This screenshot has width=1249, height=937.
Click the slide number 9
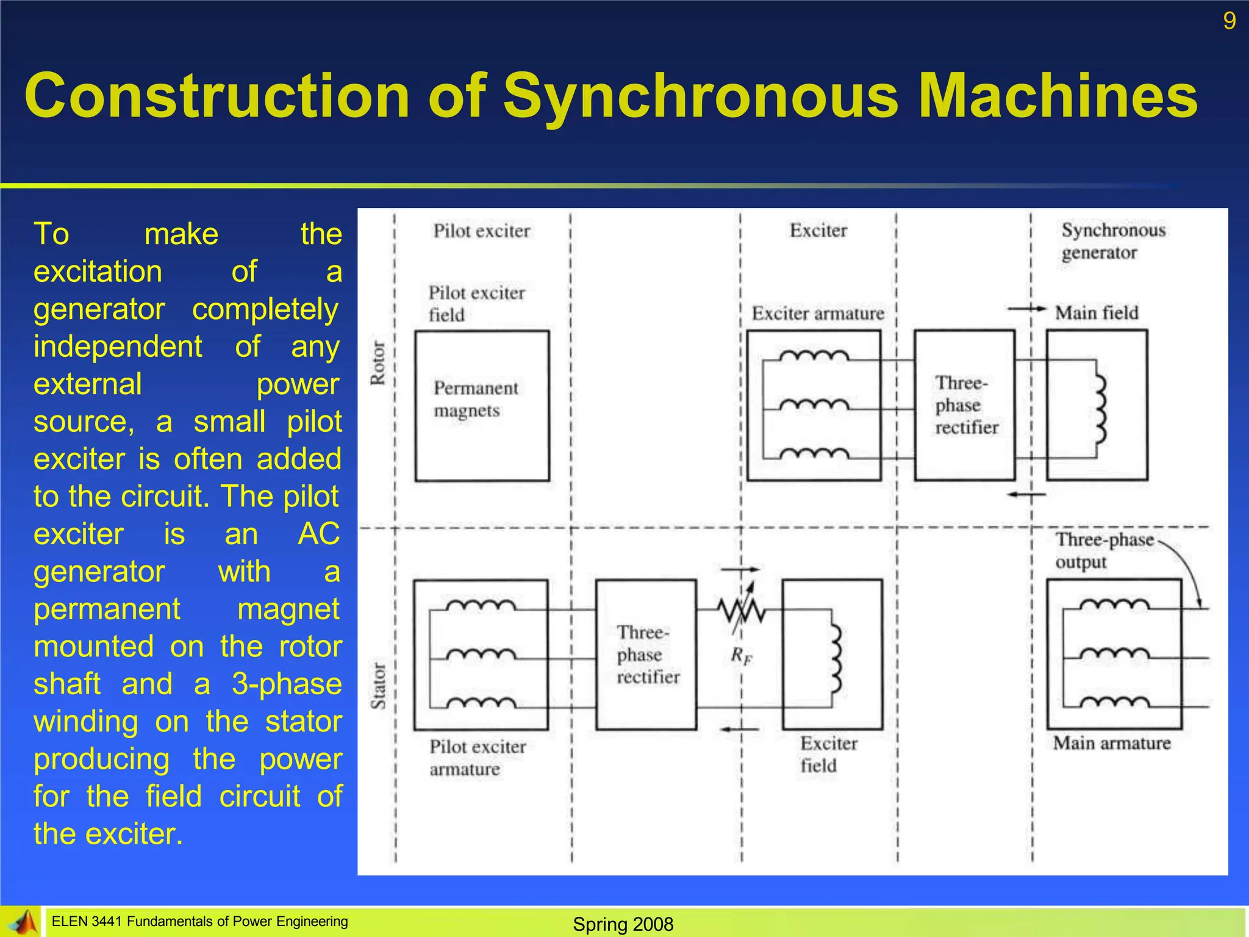click(1229, 21)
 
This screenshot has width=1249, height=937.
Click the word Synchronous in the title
click(700, 96)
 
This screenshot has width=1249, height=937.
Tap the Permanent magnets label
click(475, 399)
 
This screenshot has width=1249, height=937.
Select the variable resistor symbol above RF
click(740, 609)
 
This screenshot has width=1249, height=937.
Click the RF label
click(742, 656)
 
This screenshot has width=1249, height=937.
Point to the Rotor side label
click(378, 363)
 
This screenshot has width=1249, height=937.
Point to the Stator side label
click(378, 686)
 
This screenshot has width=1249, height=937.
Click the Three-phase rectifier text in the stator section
click(646, 655)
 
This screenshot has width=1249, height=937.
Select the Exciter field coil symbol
click(836, 658)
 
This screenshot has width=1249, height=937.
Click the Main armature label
click(1111, 743)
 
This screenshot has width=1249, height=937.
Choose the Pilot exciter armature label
click(476, 758)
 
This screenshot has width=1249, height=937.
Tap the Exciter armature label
click(817, 314)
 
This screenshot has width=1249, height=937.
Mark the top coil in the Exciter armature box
click(814, 356)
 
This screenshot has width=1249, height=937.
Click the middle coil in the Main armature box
click(1114, 654)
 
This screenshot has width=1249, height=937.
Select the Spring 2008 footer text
click(623, 924)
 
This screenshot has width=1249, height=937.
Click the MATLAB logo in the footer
click(23, 922)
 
